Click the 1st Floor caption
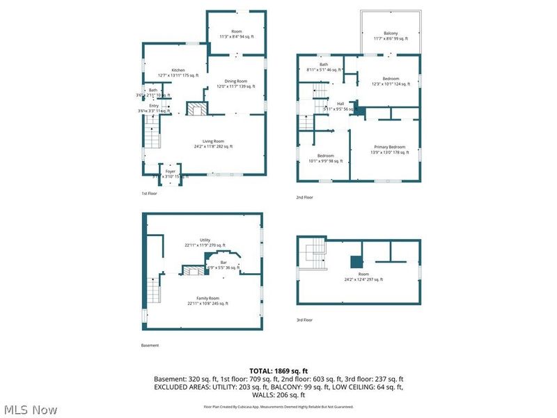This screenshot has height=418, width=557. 149,193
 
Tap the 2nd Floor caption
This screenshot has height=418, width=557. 304,197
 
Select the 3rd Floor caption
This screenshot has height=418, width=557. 304,320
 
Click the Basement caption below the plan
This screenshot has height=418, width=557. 150,345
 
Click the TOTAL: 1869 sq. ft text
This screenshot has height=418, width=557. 278,371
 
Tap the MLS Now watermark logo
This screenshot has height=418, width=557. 31,410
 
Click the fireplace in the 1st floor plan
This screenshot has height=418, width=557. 196,109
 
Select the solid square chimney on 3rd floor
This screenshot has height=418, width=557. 356,262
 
